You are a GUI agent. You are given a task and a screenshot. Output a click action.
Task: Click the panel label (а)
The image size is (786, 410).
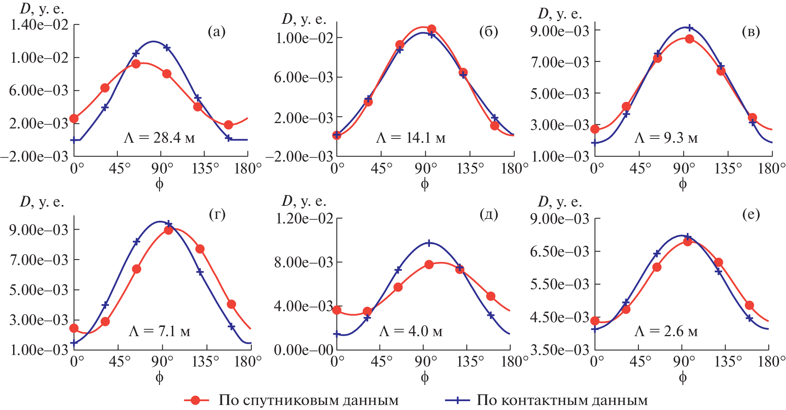pos(216,32)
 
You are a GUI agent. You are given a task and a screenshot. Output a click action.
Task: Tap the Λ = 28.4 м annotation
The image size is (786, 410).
pos(159,137)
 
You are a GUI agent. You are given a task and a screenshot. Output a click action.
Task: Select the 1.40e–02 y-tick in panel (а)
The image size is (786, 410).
pos(39,25)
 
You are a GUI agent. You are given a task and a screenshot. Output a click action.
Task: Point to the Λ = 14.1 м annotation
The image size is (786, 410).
pos(411,137)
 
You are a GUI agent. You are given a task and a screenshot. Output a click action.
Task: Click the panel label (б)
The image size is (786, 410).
pos(488,32)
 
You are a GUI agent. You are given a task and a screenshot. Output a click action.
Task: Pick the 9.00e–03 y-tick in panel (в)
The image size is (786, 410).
pos(560,31)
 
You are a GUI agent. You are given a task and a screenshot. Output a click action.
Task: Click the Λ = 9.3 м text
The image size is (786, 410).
pos(666,137)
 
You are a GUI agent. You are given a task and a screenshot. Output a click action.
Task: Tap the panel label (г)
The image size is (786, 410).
pos(217,214)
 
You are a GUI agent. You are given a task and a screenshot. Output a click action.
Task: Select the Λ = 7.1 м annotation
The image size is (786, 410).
pos(159,331)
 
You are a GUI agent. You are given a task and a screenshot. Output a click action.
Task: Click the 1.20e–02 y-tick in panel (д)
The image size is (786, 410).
pos(304,218)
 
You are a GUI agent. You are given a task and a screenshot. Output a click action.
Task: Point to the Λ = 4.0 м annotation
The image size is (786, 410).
pos(411,331)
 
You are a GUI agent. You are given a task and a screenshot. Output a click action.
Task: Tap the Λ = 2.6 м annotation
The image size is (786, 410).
pos(666,331)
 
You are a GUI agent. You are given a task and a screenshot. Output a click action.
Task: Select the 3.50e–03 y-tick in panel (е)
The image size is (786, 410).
pos(560,350)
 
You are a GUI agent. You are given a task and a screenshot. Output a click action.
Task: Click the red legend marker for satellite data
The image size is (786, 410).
pos(196,400)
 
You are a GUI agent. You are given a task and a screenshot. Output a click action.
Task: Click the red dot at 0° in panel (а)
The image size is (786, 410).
pos(74,118)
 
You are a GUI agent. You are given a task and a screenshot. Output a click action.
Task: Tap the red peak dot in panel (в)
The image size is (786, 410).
pos(689,39)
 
